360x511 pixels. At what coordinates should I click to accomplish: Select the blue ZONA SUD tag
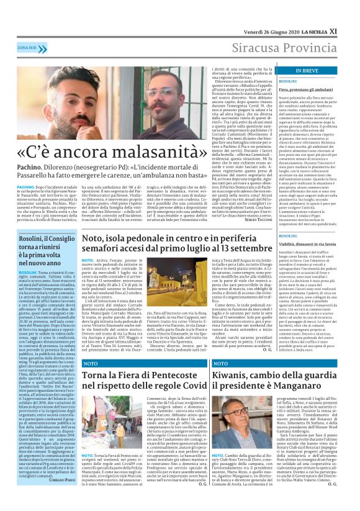(x=27, y=47)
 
